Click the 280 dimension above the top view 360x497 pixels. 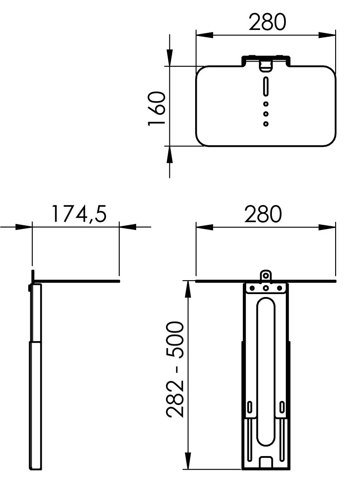(x=267, y=22)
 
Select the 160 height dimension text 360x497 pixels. (x=157, y=108)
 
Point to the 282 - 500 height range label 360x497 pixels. (x=175, y=369)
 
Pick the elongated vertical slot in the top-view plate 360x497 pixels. (x=266, y=86)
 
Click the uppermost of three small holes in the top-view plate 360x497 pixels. (x=266, y=104)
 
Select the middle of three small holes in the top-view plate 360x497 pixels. (x=266, y=113)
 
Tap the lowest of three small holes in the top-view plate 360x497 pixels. (x=266, y=123)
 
